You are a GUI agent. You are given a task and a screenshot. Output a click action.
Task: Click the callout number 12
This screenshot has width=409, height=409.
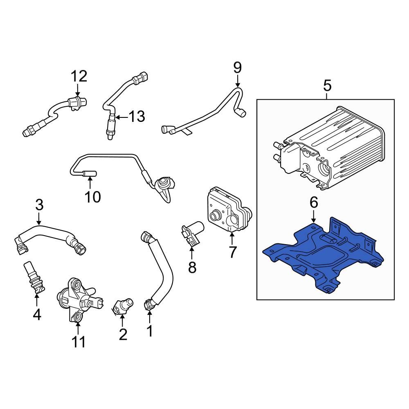79,76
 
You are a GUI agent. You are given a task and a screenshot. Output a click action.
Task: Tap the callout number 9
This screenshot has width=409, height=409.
238,67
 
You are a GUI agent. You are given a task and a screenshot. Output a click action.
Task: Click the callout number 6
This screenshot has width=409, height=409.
313,202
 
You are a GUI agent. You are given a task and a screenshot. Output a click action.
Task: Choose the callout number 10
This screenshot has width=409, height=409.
93,197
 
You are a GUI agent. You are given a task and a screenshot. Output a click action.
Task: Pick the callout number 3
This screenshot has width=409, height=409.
39,204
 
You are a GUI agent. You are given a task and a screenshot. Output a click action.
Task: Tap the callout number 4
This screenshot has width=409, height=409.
37,315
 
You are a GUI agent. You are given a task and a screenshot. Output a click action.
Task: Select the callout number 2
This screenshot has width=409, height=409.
123,335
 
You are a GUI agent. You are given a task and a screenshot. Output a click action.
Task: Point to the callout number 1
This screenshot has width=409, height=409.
150,330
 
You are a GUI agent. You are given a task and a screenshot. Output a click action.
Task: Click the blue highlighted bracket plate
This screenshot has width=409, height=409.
323,258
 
